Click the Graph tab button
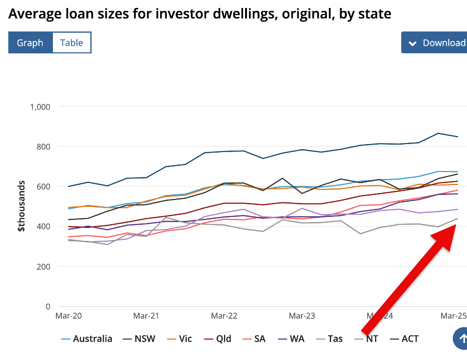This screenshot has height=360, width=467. pos(30,43)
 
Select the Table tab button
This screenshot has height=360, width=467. pos(71,43)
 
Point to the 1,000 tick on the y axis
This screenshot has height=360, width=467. pos(40,107)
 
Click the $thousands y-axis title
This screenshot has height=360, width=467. pos(21,206)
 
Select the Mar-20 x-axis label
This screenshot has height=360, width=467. pos(69,316)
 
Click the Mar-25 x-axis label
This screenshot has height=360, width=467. pos(452,316)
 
